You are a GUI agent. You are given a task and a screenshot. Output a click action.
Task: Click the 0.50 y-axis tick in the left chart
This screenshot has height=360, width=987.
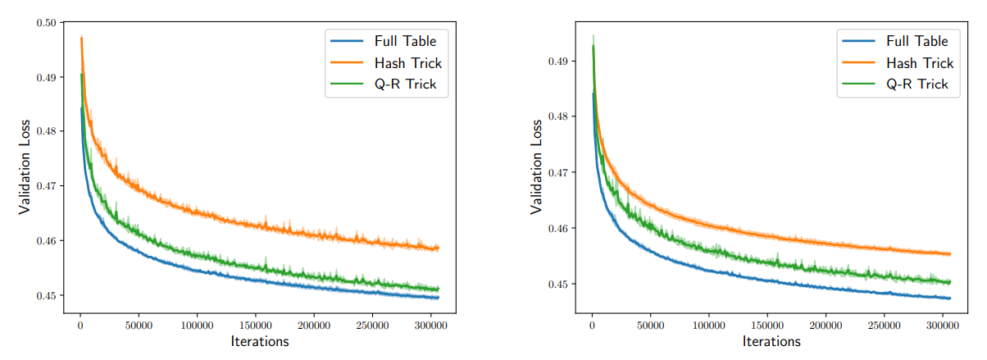[x=45, y=23]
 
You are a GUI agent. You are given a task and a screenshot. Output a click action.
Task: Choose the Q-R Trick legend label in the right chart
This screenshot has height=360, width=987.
[x=916, y=84]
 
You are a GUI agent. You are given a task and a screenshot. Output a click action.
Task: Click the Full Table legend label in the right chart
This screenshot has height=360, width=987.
[x=916, y=41]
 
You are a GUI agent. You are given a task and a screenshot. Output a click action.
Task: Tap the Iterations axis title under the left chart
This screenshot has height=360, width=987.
[x=259, y=341]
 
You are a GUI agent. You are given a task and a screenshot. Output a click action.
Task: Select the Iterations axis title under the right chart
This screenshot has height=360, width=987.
[x=771, y=341]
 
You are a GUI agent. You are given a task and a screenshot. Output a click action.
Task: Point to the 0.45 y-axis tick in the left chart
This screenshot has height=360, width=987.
[x=45, y=295]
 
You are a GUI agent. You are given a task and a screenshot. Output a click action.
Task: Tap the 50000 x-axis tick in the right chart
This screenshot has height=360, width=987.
[x=650, y=325]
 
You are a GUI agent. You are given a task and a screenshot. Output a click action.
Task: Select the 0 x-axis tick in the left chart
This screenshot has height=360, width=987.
[x=80, y=325]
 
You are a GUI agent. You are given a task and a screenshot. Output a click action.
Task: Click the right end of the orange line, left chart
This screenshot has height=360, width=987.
[x=439, y=248]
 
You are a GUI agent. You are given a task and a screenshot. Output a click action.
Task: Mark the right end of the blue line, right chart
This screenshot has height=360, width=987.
[x=950, y=298]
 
